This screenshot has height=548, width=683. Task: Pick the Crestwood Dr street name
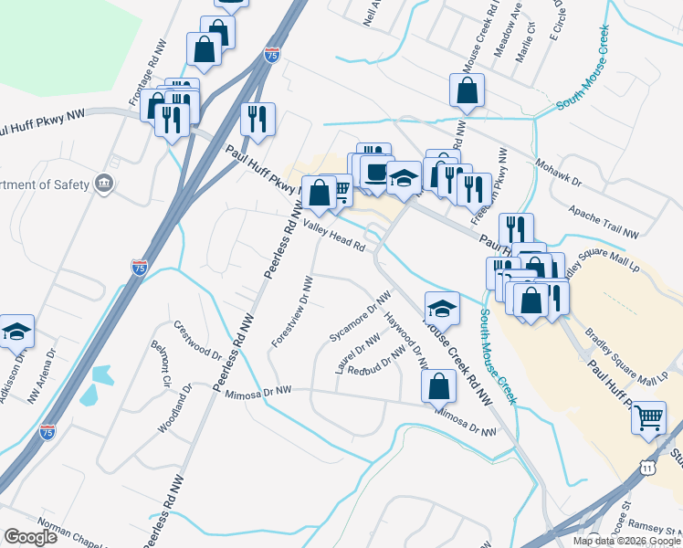pyautogui.click(x=197, y=339)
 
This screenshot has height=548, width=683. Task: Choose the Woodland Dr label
pyautogui.click(x=173, y=407)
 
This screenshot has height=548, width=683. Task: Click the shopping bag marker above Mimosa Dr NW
pyautogui.click(x=438, y=386)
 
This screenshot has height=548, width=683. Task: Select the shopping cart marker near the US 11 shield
pyautogui.click(x=648, y=418)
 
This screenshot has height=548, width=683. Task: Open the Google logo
pyautogui.click(x=30, y=537)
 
